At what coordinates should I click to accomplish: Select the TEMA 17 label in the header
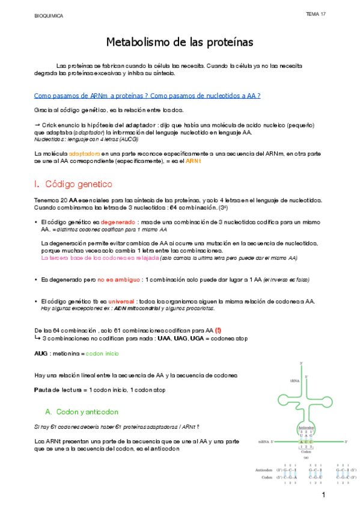[316, 14]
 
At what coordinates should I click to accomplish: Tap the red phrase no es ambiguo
[119, 280]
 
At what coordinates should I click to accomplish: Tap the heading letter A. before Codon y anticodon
[49, 412]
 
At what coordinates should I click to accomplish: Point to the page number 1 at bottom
[323, 495]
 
